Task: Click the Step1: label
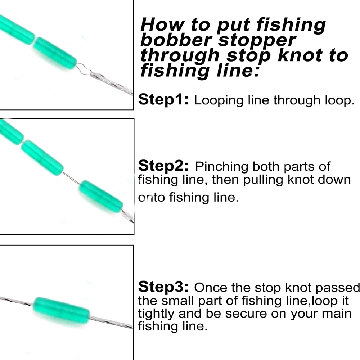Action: pyautogui.click(x=163, y=99)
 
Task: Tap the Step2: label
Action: pyautogui.click(x=163, y=166)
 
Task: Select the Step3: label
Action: pyautogui.click(x=163, y=287)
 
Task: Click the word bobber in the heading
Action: pyautogui.click(x=176, y=40)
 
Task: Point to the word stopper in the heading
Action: pyautogui.click(x=257, y=41)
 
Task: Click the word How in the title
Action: pyautogui.click(x=162, y=24)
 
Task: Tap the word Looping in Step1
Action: pyautogui.click(x=219, y=101)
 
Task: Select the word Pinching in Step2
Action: pyautogui.click(x=221, y=167)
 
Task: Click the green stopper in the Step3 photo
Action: pyautogui.click(x=61, y=310)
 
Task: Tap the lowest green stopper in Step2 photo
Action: pyautogui.click(x=100, y=196)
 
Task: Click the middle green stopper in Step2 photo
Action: pyautogui.click(x=42, y=158)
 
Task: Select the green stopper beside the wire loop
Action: pyautogui.click(x=55, y=53)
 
